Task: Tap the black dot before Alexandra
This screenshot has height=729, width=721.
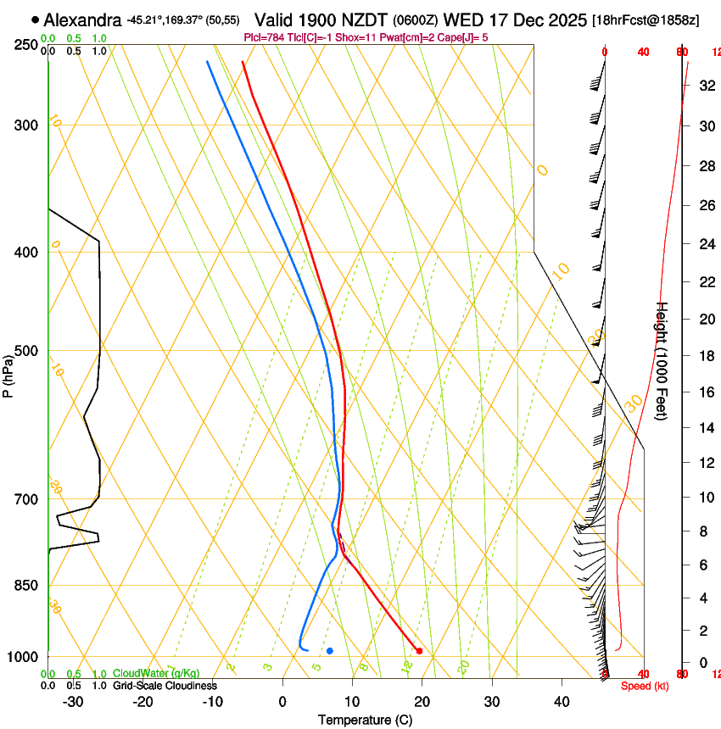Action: pos(35,19)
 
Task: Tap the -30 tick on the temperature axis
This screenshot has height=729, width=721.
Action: pos(73,702)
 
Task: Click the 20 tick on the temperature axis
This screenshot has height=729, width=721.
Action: pos(422,702)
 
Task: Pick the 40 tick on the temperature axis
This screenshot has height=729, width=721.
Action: pos(561,702)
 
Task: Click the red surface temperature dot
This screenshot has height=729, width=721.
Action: pos(419,651)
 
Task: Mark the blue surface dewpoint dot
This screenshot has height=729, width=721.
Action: pos(330,651)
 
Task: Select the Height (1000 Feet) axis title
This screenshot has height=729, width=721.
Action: pos(662,360)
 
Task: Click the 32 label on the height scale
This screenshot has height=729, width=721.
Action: pos(705,86)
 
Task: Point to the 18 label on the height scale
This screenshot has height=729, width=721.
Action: pos(705,355)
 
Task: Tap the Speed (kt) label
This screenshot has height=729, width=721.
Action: pos(644,686)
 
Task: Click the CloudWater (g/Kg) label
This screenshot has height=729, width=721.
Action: pos(156,674)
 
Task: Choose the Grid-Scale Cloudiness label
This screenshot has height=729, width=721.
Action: pos(165,685)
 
